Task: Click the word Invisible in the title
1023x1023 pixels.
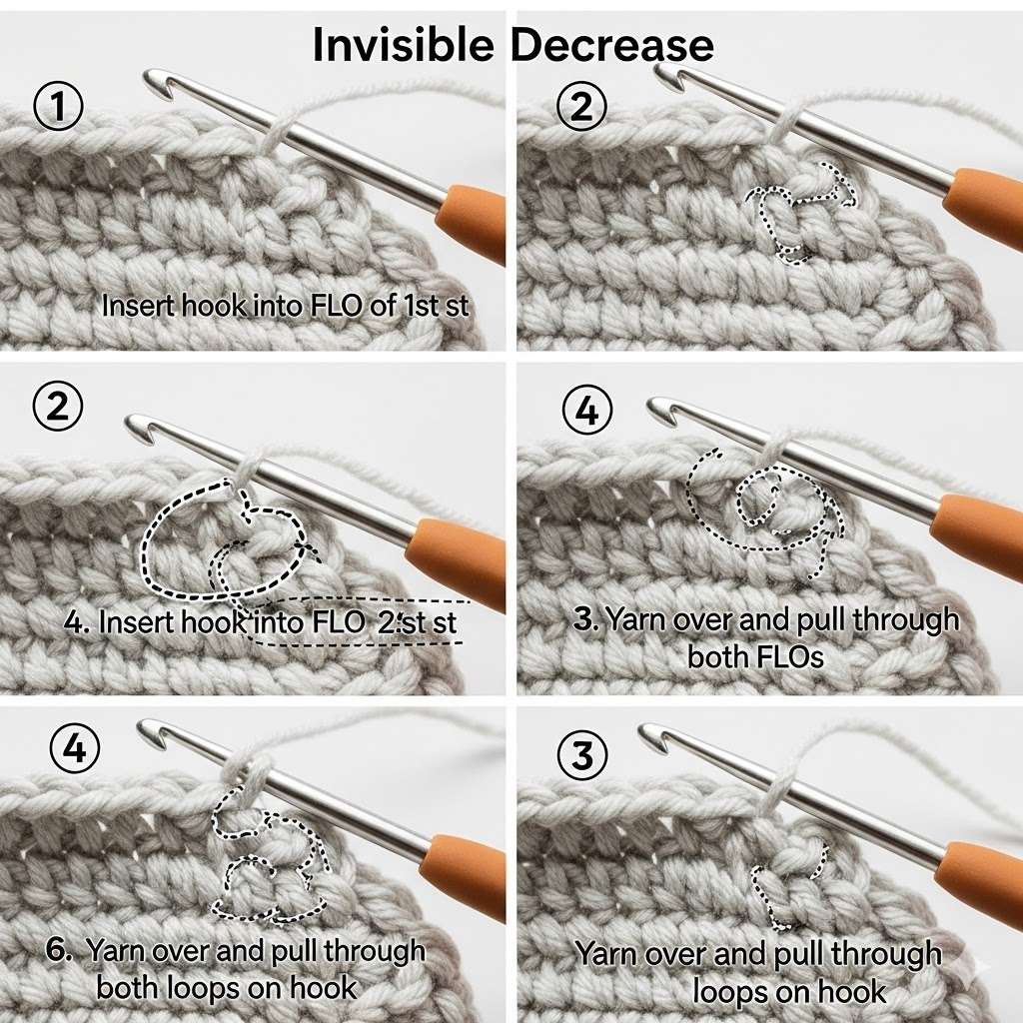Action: pos(404,45)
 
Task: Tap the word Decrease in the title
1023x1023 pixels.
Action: pos(611,45)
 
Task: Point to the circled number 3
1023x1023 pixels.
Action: pos(582,754)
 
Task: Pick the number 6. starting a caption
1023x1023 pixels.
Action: pos(59,950)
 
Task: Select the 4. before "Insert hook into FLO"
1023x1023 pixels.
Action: pos(77,623)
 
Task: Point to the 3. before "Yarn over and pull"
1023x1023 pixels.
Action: pos(586,619)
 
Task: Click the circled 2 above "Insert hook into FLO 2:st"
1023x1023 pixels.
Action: pos(58,406)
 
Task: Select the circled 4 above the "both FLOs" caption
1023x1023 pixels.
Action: pos(587,411)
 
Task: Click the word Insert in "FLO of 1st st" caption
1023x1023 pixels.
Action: pos(138,306)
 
